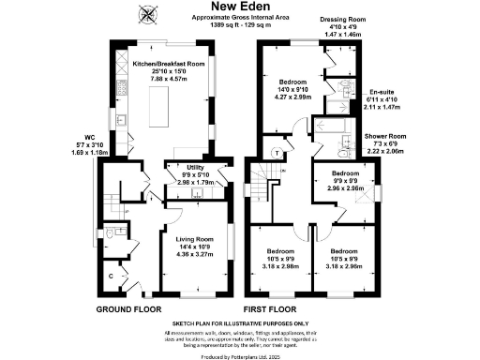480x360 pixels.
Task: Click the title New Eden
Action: click(240, 7)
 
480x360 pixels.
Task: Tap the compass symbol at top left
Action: click(148, 13)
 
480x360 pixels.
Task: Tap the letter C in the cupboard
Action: click(112, 276)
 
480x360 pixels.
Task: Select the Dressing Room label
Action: click(342, 19)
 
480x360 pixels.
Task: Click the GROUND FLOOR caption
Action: click(130, 308)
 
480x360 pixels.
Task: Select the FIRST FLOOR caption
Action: click(270, 308)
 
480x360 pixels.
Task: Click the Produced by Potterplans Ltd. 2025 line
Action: click(240, 354)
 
